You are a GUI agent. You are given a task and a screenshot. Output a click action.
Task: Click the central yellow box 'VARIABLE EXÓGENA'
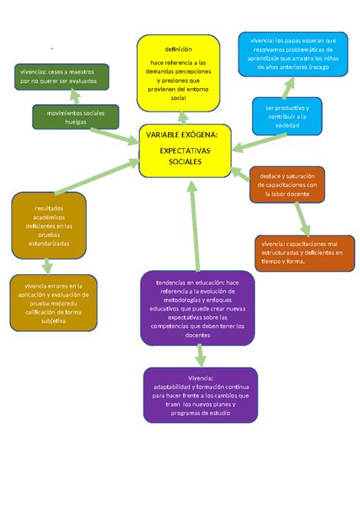pyautogui.click(x=185, y=149)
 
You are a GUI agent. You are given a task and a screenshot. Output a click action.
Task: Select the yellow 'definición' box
pyautogui.click(x=178, y=73)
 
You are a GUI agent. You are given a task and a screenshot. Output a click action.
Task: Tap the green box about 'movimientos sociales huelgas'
pyautogui.click(x=76, y=118)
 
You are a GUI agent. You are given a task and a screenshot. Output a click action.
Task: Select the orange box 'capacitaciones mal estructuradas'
pyautogui.click(x=304, y=252)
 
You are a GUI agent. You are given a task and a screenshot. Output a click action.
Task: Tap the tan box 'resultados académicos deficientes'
pyautogui.click(x=49, y=226)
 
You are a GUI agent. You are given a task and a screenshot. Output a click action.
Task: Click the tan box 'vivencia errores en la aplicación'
pyautogui.click(x=53, y=302)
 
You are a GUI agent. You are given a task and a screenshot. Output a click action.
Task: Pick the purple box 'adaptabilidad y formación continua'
pyautogui.click(x=200, y=395)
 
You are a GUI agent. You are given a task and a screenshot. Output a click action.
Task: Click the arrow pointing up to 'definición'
pyautogui.click(x=182, y=118)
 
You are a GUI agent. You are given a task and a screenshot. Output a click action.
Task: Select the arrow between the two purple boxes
pyautogui.click(x=201, y=355)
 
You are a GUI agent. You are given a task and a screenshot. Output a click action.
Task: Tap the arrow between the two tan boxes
pyautogui.click(x=47, y=265)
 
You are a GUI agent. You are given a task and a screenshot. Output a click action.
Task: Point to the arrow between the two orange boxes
pyautogui.click(x=302, y=219)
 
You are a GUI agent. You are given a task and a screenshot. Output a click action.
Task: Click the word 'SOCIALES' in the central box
pyautogui.click(x=185, y=162)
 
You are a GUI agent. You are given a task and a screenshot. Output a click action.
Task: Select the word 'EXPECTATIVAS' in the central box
pyautogui.click(x=185, y=151)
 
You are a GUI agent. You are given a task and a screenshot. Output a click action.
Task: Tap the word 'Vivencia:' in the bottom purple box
pyautogui.click(x=200, y=377)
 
